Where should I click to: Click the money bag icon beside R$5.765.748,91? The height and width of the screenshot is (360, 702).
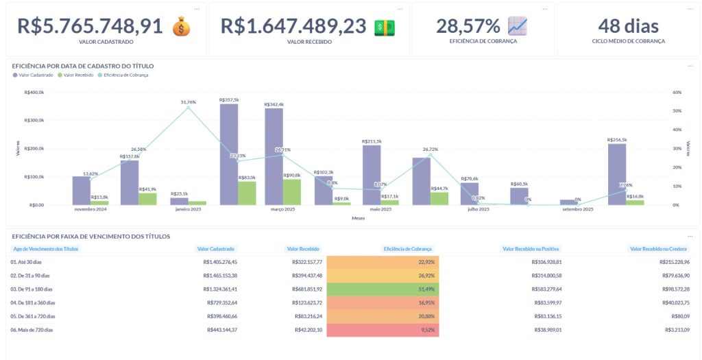(x=181, y=27)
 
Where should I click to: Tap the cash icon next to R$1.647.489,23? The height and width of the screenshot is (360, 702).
(x=385, y=27)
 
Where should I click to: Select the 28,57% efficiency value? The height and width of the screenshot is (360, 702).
(x=468, y=26)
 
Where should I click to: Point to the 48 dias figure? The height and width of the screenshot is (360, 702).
(x=628, y=26)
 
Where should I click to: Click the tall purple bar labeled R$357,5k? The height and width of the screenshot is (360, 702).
(x=229, y=154)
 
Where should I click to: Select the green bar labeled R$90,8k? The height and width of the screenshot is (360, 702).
(x=291, y=191)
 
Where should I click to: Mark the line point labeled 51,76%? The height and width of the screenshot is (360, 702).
(x=189, y=108)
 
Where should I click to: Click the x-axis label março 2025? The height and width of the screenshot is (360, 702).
(x=282, y=209)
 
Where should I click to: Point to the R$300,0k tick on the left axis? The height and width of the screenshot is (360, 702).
(x=34, y=120)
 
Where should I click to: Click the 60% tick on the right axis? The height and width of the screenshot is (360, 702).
(x=677, y=92)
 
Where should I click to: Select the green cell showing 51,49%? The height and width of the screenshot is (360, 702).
(x=383, y=289)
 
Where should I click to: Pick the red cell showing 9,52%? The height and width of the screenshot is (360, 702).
(x=383, y=329)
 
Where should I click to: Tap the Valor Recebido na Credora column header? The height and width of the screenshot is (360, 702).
(x=659, y=249)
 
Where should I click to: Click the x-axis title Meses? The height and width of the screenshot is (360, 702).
(x=358, y=219)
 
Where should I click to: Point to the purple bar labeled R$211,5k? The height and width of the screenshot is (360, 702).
(x=372, y=174)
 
